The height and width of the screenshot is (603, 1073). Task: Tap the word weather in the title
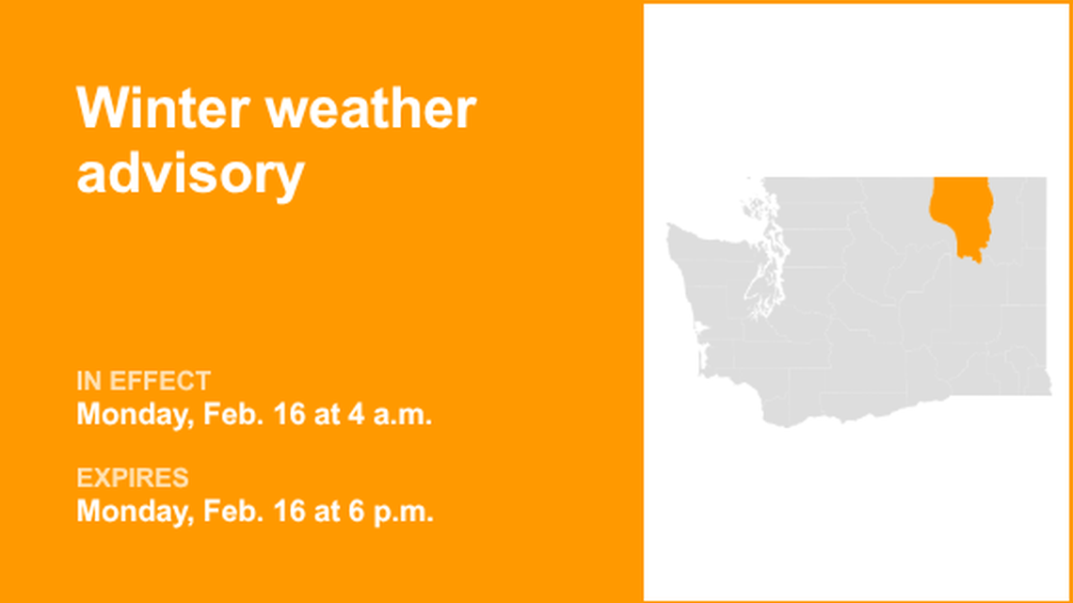point(371,109)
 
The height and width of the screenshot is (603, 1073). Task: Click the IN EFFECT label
point(143,382)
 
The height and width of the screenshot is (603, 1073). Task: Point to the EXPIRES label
point(132,479)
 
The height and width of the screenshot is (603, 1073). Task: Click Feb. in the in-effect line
point(234,414)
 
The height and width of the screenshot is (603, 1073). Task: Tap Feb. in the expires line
point(234,512)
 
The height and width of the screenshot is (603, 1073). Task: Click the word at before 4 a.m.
point(328,414)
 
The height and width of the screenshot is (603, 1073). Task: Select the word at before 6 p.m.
point(328,512)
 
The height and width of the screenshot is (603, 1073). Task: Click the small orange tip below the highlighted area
point(977,256)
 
